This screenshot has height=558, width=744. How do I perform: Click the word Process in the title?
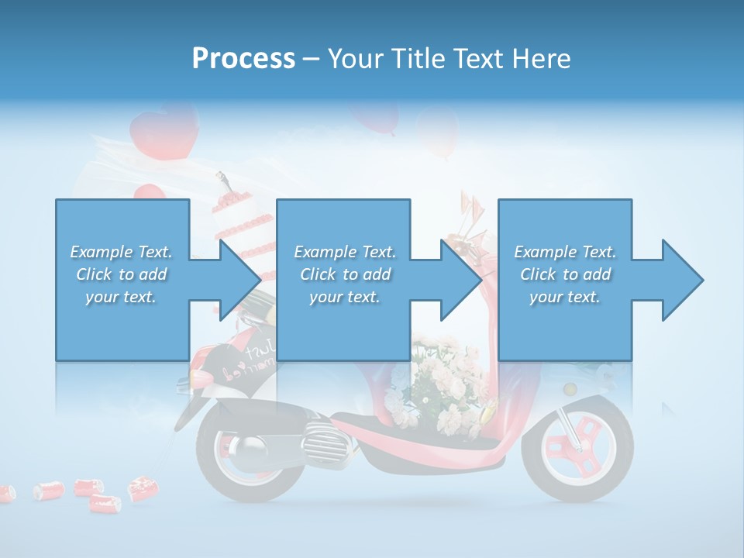point(243,58)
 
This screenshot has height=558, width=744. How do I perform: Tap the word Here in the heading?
point(540,58)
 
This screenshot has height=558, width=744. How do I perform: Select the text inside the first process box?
point(121,274)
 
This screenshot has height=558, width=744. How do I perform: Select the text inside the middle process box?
point(344,274)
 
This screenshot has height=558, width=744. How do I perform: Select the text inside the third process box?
point(565,274)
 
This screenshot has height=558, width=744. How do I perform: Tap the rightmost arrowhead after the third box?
point(682,280)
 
